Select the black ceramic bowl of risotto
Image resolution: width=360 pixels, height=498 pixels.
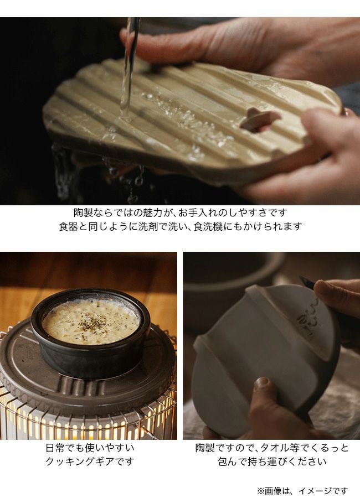[91, 334]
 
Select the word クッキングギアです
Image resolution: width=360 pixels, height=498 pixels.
[90, 461]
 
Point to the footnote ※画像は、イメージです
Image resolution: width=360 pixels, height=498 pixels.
[302, 491]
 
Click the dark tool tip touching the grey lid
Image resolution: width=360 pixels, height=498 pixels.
[307, 282]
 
